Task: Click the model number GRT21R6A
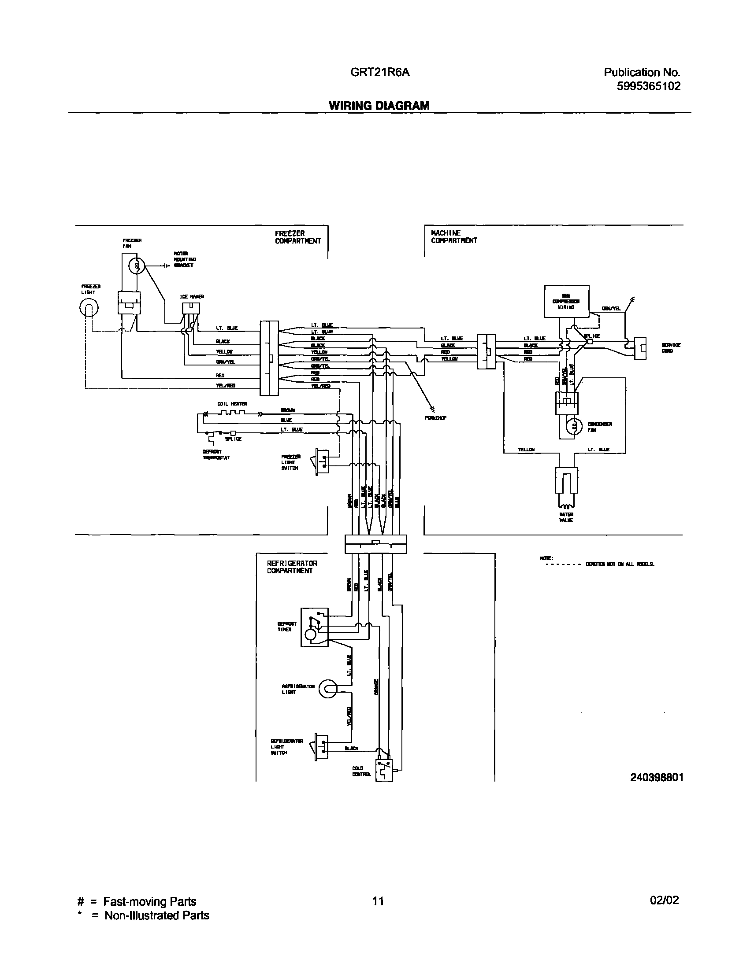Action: pyautogui.click(x=380, y=72)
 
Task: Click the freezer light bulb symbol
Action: pyautogui.click(x=89, y=308)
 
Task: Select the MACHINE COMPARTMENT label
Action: pyautogui.click(x=454, y=236)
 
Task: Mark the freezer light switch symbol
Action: pyautogui.click(x=322, y=462)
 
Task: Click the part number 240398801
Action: pyautogui.click(x=657, y=777)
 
